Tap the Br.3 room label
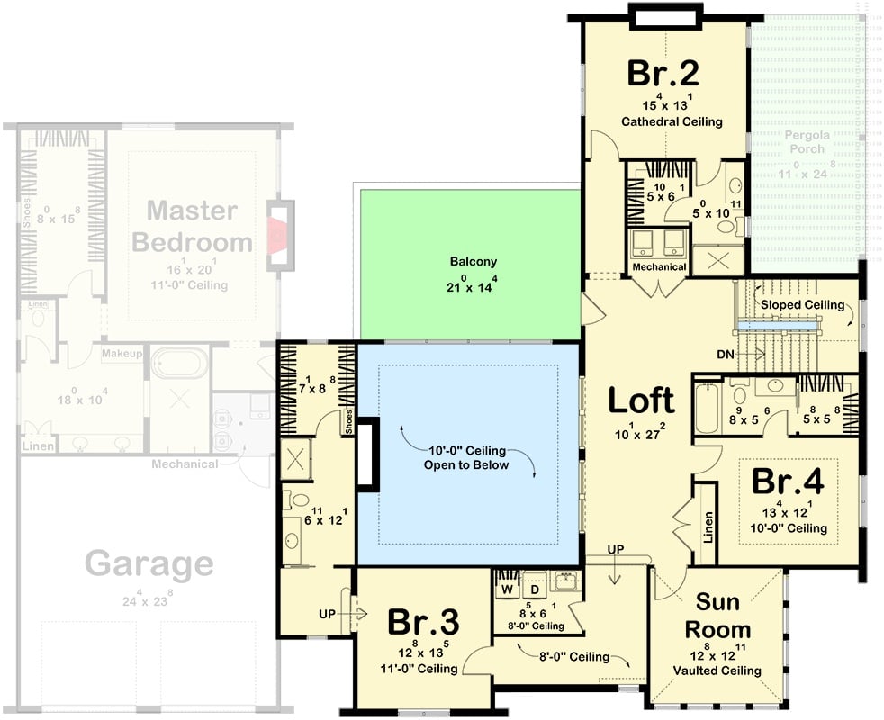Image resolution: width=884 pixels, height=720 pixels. tap(424, 622)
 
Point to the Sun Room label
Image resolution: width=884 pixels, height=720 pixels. tap(717, 616)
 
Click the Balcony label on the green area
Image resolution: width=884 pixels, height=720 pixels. tap(474, 262)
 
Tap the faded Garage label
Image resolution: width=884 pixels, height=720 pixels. tap(149, 564)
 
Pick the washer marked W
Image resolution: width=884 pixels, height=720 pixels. tap(506, 589)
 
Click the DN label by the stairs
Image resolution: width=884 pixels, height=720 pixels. tap(726, 355)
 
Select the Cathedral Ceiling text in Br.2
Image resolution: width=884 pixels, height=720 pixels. tap(671, 121)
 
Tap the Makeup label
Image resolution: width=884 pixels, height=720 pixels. tap(122, 354)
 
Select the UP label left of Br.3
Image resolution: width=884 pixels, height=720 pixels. tap(329, 614)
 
